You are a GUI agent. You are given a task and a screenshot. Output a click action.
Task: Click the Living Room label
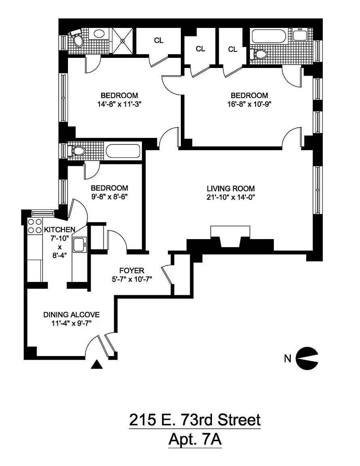tap(231, 189)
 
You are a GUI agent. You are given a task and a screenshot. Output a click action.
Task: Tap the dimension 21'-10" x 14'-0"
tap(231, 197)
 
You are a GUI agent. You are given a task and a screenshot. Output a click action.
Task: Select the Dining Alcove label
tap(72, 315)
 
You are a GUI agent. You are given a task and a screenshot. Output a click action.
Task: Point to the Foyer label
tap(131, 270)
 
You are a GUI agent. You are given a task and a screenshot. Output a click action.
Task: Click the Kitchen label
tap(59, 229)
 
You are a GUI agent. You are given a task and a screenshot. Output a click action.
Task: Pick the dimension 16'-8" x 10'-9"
tap(249, 104)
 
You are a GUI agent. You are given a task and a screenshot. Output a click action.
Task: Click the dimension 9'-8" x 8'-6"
tap(109, 197)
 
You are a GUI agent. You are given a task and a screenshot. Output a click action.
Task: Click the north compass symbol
tap(307, 358)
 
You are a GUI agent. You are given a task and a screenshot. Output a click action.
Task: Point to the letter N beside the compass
tap(288, 358)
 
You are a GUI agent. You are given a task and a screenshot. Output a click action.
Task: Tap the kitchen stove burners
tap(34, 226)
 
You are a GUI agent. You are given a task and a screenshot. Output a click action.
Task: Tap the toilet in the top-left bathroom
tap(77, 39)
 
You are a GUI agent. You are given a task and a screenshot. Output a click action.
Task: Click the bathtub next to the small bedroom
tap(123, 151)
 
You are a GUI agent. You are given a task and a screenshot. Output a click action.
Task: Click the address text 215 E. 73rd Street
tap(195, 420)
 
